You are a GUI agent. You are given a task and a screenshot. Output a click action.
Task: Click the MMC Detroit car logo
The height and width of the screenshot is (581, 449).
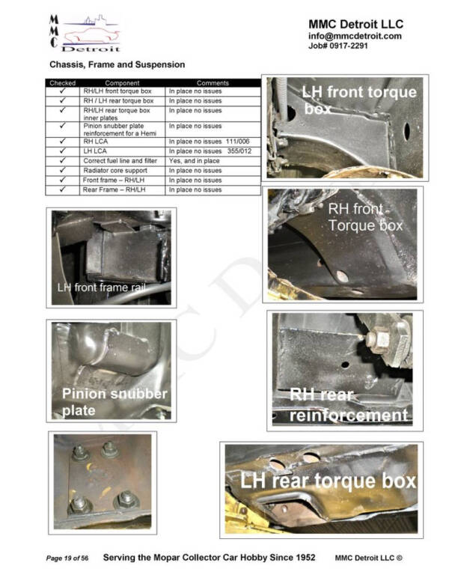pos(85,34)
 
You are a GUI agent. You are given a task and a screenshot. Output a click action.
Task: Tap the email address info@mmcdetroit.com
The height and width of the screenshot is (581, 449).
pos(355,36)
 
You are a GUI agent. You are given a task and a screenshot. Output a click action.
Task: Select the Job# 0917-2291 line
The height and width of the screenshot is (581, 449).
pos(337,46)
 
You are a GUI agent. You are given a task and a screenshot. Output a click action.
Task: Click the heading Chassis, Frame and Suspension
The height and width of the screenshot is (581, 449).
pos(117,64)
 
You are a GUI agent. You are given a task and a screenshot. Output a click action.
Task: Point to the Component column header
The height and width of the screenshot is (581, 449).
pos(122,83)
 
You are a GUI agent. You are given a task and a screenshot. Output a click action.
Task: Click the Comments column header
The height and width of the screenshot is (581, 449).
pos(213,83)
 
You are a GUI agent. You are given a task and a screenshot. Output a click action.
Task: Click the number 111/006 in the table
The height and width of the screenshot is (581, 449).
pos(237,142)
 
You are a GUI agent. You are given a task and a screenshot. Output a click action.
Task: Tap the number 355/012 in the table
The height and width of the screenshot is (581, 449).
pos(239,150)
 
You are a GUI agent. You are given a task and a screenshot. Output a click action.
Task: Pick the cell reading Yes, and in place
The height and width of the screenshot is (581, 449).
pos(194,161)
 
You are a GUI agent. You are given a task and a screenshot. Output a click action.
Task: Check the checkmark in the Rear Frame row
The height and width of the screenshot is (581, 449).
pos(63,189)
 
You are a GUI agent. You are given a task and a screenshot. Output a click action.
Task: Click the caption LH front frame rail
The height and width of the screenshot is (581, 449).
pos(101,288)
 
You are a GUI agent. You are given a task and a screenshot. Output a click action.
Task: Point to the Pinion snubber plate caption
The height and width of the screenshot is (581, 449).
pos(114,402)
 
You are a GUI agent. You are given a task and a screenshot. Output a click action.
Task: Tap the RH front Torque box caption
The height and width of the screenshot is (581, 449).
pos(365,217)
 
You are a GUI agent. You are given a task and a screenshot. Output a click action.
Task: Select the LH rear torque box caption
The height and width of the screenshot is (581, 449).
pos(329,481)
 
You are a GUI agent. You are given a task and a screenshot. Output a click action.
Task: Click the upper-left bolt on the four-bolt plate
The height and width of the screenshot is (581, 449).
pos(80,452)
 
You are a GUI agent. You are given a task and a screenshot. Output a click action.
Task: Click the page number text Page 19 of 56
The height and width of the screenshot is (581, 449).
pos(67,558)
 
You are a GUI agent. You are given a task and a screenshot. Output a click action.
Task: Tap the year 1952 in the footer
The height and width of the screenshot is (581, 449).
pos(304,557)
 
